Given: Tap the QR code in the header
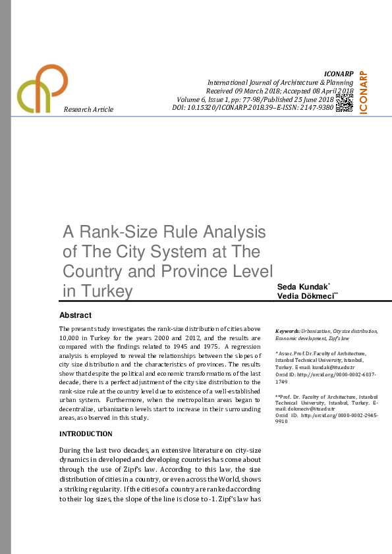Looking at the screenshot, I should click(x=344, y=103).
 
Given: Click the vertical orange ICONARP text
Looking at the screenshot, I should click(x=364, y=92).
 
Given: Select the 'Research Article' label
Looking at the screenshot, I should click(x=88, y=109).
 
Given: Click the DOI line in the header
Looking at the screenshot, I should click(x=252, y=107).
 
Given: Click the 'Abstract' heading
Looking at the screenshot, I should click(x=75, y=315).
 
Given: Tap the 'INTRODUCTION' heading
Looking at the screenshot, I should click(x=86, y=434).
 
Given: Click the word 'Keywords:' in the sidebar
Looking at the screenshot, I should click(x=288, y=331).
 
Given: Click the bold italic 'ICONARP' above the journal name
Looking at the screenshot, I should click(x=339, y=74).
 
